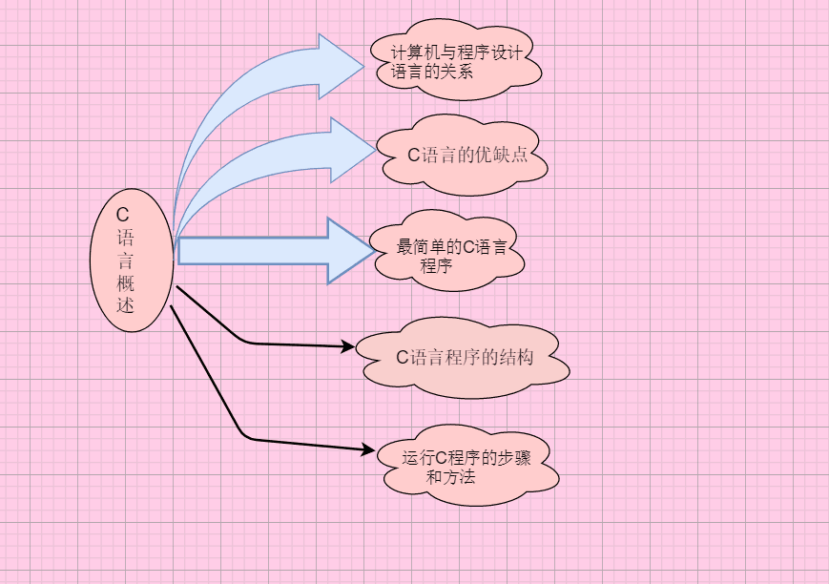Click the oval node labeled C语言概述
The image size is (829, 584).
[x=132, y=260]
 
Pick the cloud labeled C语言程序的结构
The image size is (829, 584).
[x=463, y=357]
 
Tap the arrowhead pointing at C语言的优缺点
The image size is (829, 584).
[x=352, y=149]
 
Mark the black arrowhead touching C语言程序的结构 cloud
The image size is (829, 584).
[x=348, y=347]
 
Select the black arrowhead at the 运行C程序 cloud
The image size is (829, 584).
[x=369, y=449]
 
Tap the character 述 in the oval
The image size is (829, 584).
[x=126, y=305]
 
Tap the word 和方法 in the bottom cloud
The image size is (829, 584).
[x=451, y=476]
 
